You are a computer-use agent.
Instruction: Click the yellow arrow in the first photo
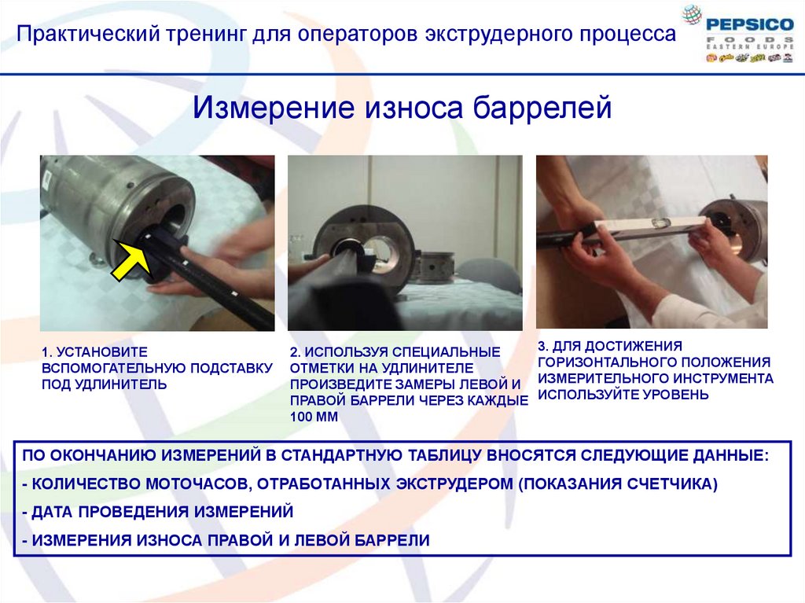(131, 259)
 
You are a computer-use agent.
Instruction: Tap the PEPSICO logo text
(749, 24)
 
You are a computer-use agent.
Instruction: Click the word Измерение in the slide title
(273, 107)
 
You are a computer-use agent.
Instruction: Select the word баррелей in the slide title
(542, 107)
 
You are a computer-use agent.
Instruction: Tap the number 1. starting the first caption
(46, 352)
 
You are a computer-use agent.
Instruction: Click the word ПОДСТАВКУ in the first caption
(231, 368)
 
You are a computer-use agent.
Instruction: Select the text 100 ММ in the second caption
(314, 417)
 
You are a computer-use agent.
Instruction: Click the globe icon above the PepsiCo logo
(692, 14)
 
